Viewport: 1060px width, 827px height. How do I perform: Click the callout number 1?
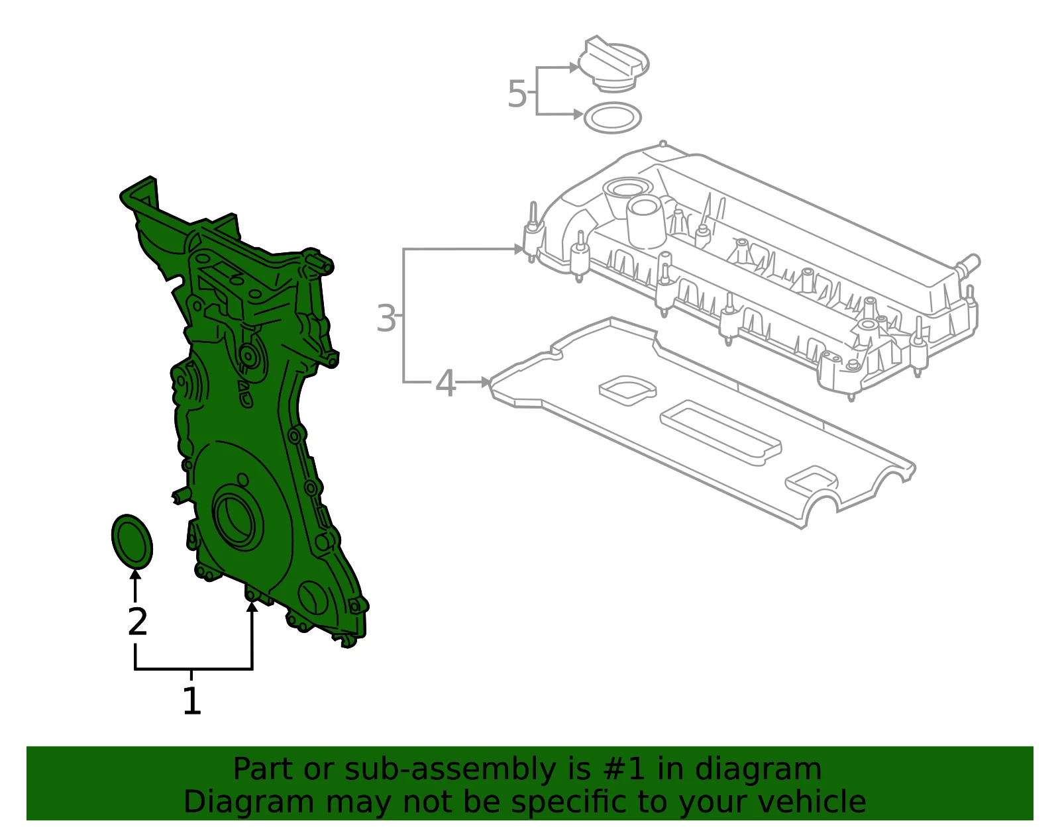coord(191,701)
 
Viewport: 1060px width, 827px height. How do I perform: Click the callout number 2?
coord(138,621)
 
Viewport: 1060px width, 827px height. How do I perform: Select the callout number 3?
coord(386,318)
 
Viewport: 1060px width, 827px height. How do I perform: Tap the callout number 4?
coord(445,383)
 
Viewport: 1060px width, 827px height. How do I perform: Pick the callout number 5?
coord(517,93)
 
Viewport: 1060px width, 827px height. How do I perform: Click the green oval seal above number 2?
coord(132,542)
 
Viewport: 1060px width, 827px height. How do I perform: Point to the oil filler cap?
coord(613,64)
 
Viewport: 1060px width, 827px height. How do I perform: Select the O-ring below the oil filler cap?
coord(613,118)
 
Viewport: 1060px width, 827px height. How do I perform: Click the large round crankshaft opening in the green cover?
coord(238,519)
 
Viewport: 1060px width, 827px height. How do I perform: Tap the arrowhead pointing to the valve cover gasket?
coord(486,383)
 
